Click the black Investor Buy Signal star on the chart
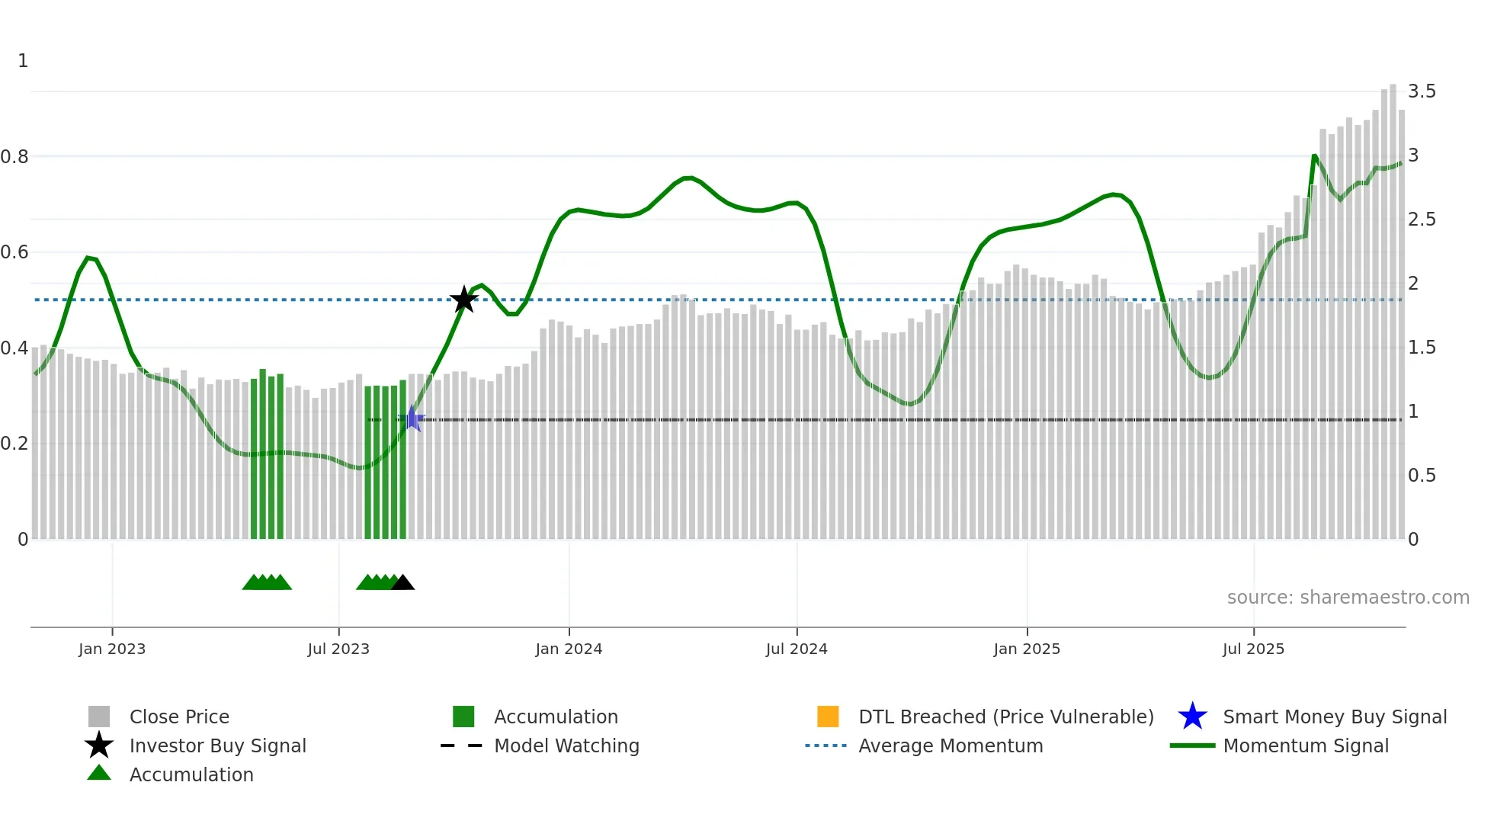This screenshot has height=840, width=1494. [463, 300]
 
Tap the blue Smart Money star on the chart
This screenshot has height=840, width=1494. [412, 418]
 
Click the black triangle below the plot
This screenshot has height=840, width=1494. [403, 583]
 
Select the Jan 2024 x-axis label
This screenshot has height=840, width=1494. [569, 649]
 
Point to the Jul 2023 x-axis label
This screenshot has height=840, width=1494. [338, 649]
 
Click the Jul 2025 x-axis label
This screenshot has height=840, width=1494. [1253, 649]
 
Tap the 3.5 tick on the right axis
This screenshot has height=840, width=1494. [1422, 91]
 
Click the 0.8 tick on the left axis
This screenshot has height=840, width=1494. [14, 157]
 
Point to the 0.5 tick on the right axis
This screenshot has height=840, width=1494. [1422, 476]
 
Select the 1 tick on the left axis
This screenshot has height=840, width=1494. [23, 61]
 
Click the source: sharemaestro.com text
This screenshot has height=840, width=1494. [1348, 598]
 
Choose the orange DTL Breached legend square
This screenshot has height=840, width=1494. [828, 717]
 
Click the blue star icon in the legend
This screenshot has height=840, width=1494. [1192, 717]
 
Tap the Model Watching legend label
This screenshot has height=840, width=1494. [566, 745]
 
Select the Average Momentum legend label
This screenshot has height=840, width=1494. [951, 745]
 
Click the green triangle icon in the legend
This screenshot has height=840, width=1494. [99, 774]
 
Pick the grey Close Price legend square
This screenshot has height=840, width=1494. [99, 717]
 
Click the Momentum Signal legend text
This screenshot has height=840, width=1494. [1306, 745]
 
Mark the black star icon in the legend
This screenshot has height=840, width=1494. [99, 745]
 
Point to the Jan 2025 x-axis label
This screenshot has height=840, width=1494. [1027, 649]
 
